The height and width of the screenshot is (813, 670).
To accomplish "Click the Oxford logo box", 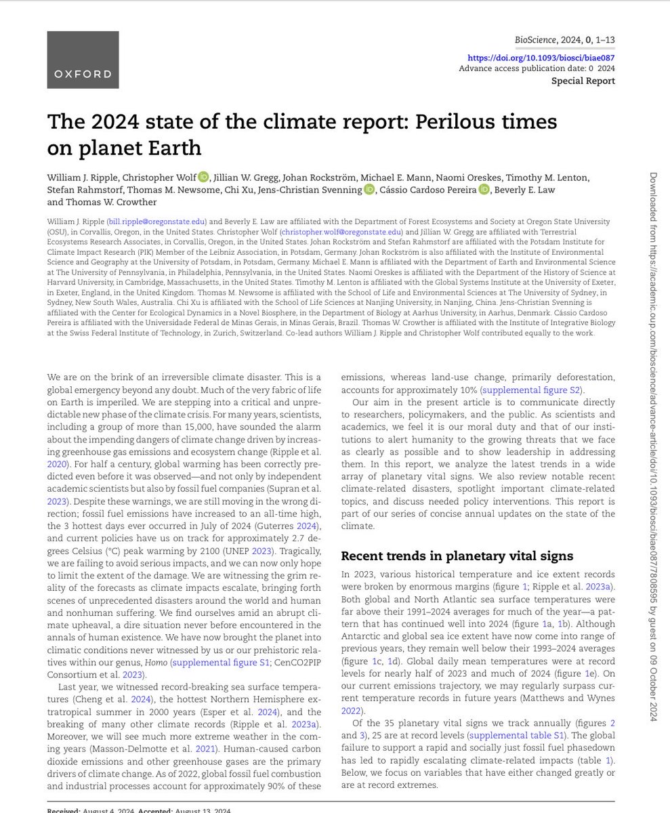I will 83,59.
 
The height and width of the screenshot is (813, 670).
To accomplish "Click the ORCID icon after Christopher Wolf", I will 204,178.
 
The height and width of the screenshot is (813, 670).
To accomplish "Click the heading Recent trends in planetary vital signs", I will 457,556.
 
